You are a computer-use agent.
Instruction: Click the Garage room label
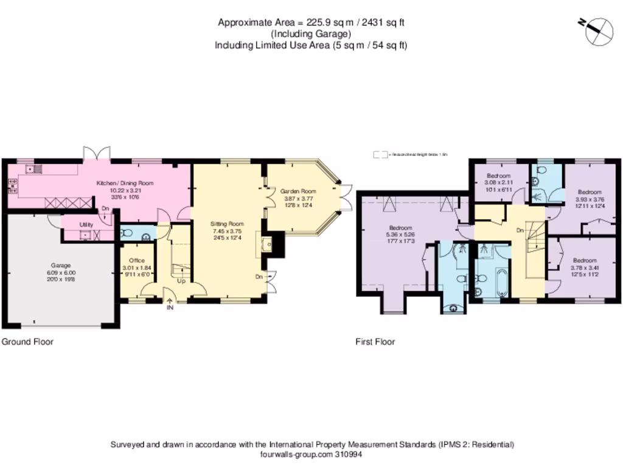(x=61, y=266)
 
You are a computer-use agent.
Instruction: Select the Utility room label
(x=86, y=225)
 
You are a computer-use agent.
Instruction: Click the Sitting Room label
(x=226, y=224)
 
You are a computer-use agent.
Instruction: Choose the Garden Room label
(x=298, y=191)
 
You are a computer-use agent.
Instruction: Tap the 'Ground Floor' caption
(x=27, y=342)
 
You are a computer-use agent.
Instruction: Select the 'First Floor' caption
(x=375, y=342)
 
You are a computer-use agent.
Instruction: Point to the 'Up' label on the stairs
(x=181, y=281)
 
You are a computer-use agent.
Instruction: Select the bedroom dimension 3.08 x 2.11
(x=499, y=182)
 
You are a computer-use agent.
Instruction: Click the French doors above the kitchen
(x=97, y=152)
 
